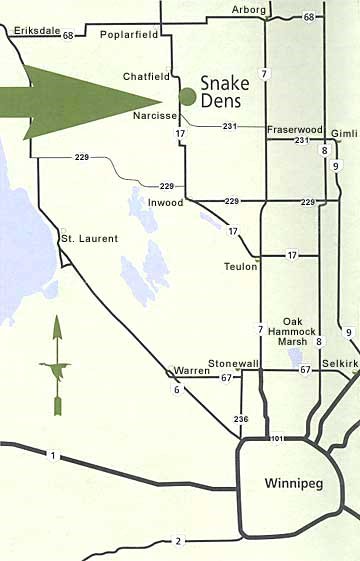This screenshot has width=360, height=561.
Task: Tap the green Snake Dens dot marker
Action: click(x=186, y=96)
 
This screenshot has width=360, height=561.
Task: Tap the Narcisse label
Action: click(x=153, y=116)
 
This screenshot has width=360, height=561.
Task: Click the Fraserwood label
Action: click(x=296, y=129)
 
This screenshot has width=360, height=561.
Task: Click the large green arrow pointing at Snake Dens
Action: click(x=80, y=100)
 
